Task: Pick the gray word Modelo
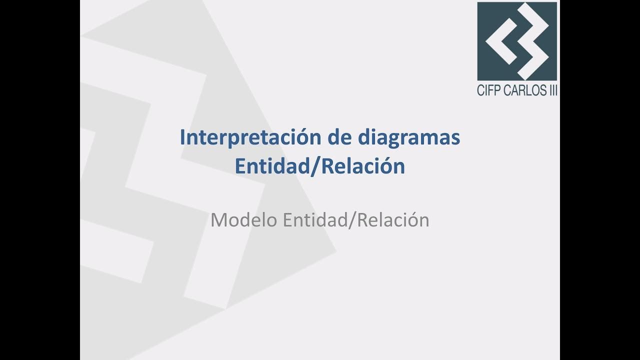point(244,220)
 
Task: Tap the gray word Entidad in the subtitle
point(317,220)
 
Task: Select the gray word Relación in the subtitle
point(394,220)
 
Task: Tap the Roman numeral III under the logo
point(552,91)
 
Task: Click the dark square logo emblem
point(517,41)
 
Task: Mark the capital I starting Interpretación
point(182,138)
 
